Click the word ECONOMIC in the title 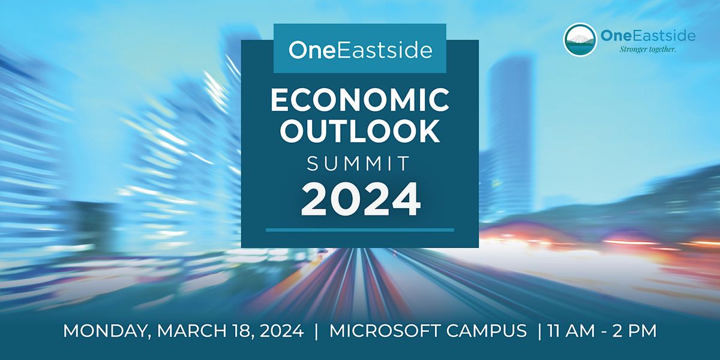[359, 100]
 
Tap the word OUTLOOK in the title [359, 131]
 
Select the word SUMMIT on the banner [358, 163]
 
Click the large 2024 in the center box [361, 200]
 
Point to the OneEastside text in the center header [360, 50]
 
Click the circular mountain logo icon [580, 40]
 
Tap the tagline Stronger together [647, 49]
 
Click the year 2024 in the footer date [281, 331]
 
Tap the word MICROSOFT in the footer [383, 331]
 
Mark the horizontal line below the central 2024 [360, 230]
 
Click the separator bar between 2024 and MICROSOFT [317, 331]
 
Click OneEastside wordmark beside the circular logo [648, 35]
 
